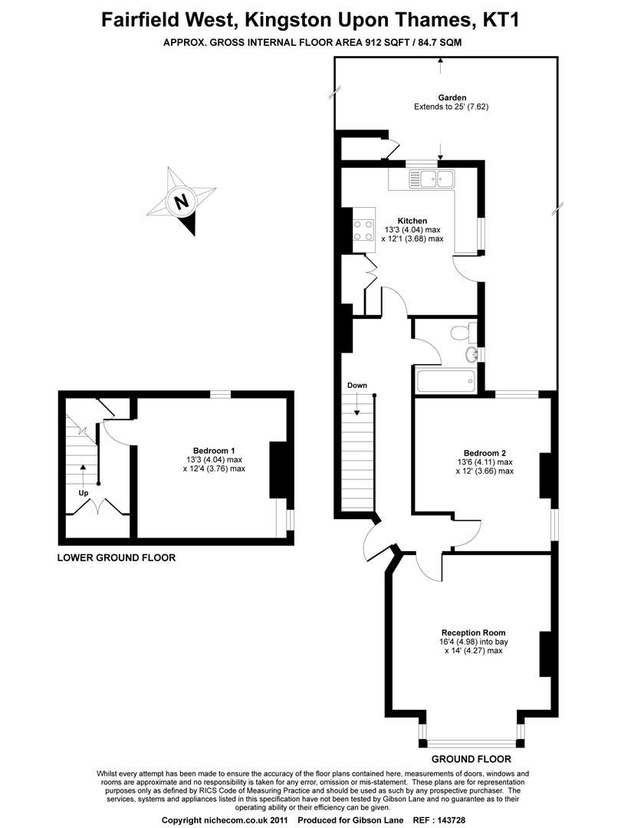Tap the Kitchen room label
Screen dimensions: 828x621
412,221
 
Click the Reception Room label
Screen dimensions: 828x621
483,632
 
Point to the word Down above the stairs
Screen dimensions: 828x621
356,385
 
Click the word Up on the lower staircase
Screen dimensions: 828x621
83,492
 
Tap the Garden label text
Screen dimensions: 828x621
451,97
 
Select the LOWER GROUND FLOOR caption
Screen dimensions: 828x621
117,558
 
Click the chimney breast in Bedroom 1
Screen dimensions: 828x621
278,468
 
